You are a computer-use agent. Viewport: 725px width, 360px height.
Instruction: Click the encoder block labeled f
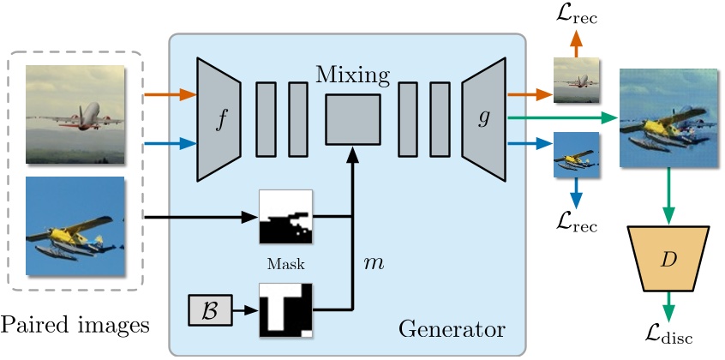[220, 119]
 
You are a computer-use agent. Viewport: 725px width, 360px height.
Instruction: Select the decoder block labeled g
[485, 119]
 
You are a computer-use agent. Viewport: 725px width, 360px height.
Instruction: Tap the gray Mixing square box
[353, 120]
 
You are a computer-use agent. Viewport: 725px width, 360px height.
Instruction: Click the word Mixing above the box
[353, 75]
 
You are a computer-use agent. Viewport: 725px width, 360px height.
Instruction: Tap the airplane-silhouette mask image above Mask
[286, 218]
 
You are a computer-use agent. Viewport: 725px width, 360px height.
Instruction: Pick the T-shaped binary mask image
[286, 310]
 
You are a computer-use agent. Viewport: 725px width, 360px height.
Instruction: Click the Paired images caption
[75, 325]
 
